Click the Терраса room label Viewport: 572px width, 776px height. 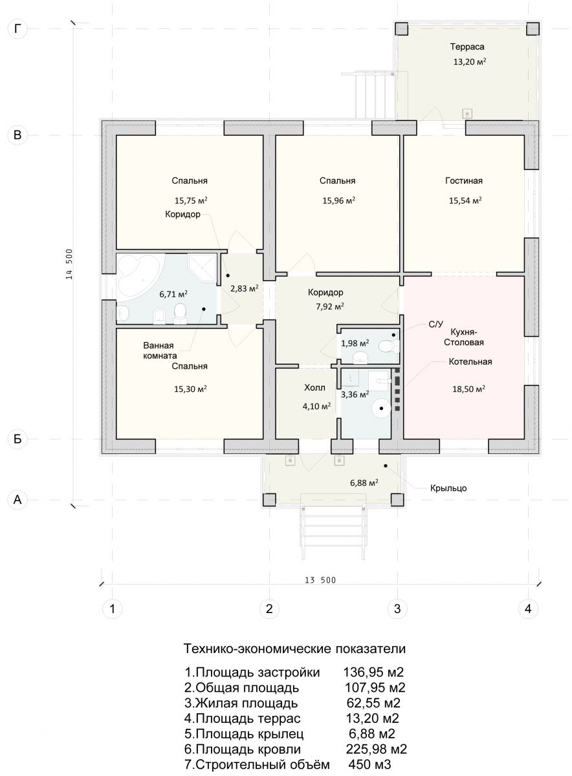coord(467,47)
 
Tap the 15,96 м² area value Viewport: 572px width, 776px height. coord(338,200)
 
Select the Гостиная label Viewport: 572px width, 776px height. coord(464,180)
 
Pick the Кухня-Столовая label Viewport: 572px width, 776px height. coord(464,337)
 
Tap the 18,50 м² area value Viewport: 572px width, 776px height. coord(468,389)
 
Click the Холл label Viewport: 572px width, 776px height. coord(314,387)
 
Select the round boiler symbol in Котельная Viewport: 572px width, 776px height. coord(381,409)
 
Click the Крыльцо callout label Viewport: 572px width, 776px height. coord(448,488)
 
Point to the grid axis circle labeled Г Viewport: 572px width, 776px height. coord(17,28)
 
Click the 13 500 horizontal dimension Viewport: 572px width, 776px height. coord(320,580)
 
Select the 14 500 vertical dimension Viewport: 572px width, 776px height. coord(69,264)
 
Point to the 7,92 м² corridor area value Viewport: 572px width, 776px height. coord(330,307)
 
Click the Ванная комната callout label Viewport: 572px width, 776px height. coord(160,350)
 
